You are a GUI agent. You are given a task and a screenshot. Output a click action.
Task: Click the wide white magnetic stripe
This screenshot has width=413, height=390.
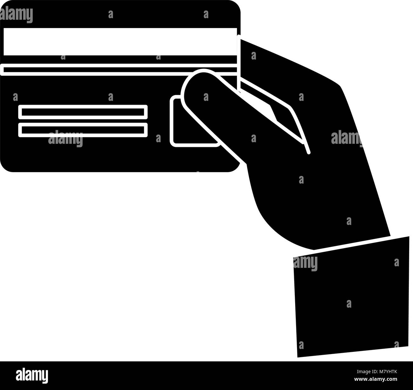click(x=120, y=42)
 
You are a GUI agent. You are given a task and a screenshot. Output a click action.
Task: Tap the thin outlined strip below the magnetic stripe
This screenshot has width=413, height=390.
click(x=118, y=70)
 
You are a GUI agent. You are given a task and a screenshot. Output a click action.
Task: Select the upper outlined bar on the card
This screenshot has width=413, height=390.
click(x=83, y=112)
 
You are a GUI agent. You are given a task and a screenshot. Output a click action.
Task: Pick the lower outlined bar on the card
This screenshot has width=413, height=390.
click(x=83, y=130)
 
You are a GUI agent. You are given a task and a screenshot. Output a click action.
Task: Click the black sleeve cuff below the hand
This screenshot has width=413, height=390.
click(x=351, y=300)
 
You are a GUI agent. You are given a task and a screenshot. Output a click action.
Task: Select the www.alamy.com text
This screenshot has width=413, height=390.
click(x=376, y=379)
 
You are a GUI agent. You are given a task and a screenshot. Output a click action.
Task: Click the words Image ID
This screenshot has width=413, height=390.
click(x=367, y=372)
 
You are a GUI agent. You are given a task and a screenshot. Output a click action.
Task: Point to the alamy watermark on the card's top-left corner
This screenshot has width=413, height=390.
click(x=17, y=15)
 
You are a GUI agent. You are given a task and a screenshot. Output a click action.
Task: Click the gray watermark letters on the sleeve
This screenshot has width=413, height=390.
click(x=305, y=263)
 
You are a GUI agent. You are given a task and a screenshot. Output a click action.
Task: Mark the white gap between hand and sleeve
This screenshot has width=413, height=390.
click(x=351, y=243)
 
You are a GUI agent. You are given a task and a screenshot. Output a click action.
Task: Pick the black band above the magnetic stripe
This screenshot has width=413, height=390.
click(x=120, y=14)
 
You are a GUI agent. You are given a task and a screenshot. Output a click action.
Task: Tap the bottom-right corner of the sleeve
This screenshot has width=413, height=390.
click(x=408, y=346)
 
